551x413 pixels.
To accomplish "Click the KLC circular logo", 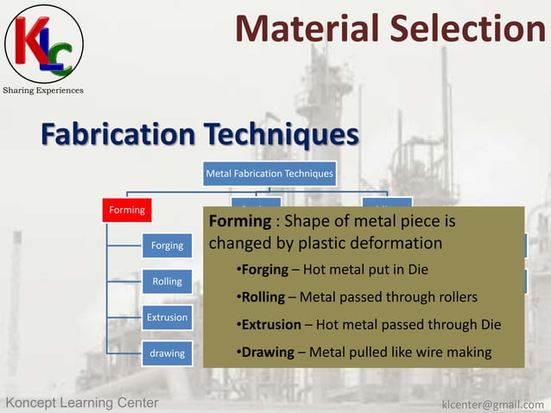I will point(44,42).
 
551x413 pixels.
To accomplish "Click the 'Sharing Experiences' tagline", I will point(43,90).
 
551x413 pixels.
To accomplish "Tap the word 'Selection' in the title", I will point(466,29).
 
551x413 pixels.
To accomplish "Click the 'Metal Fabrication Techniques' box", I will point(269,174).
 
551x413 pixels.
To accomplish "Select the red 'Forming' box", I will point(126,209).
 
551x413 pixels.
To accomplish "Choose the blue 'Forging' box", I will point(167,245).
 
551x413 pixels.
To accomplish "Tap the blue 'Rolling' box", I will point(167,282).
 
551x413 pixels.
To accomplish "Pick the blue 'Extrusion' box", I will point(167,317).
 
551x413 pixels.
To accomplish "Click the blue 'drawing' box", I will point(167,353).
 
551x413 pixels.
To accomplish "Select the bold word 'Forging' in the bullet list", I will point(264,270).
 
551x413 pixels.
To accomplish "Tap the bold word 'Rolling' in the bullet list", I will point(263,297).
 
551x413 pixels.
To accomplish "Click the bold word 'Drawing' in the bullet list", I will point(267,353).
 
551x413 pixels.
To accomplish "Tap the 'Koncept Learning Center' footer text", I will point(82,403).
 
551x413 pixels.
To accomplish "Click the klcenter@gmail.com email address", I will point(492,403).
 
